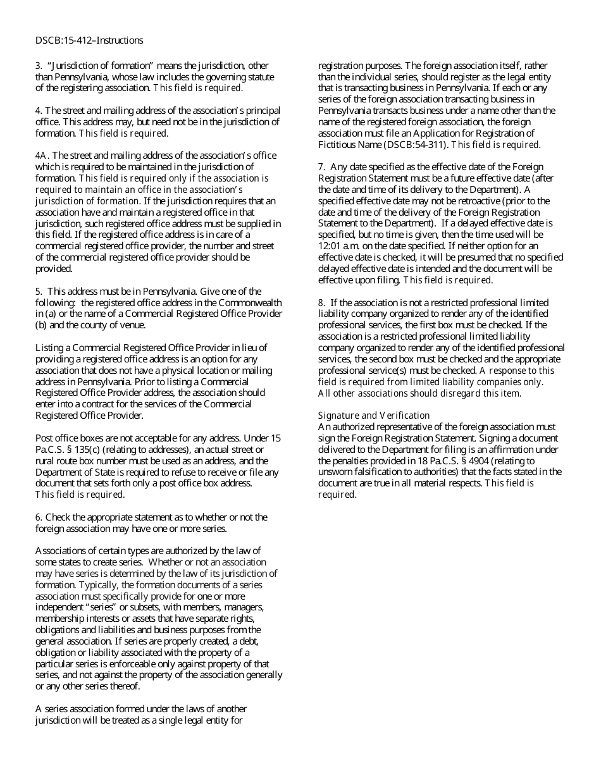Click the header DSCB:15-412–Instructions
pyautogui.click(x=89, y=40)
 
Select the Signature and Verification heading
pyautogui.click(x=373, y=416)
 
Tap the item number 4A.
pyautogui.click(x=40, y=156)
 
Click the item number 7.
pyautogui.click(x=321, y=167)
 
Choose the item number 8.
pyautogui.click(x=321, y=303)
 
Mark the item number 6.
pyautogui.click(x=38, y=517)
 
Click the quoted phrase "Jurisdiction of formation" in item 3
pyautogui.click(x=95, y=66)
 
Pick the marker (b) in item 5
pyautogui.click(x=40, y=325)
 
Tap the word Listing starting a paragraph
pyautogui.click(x=49, y=348)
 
